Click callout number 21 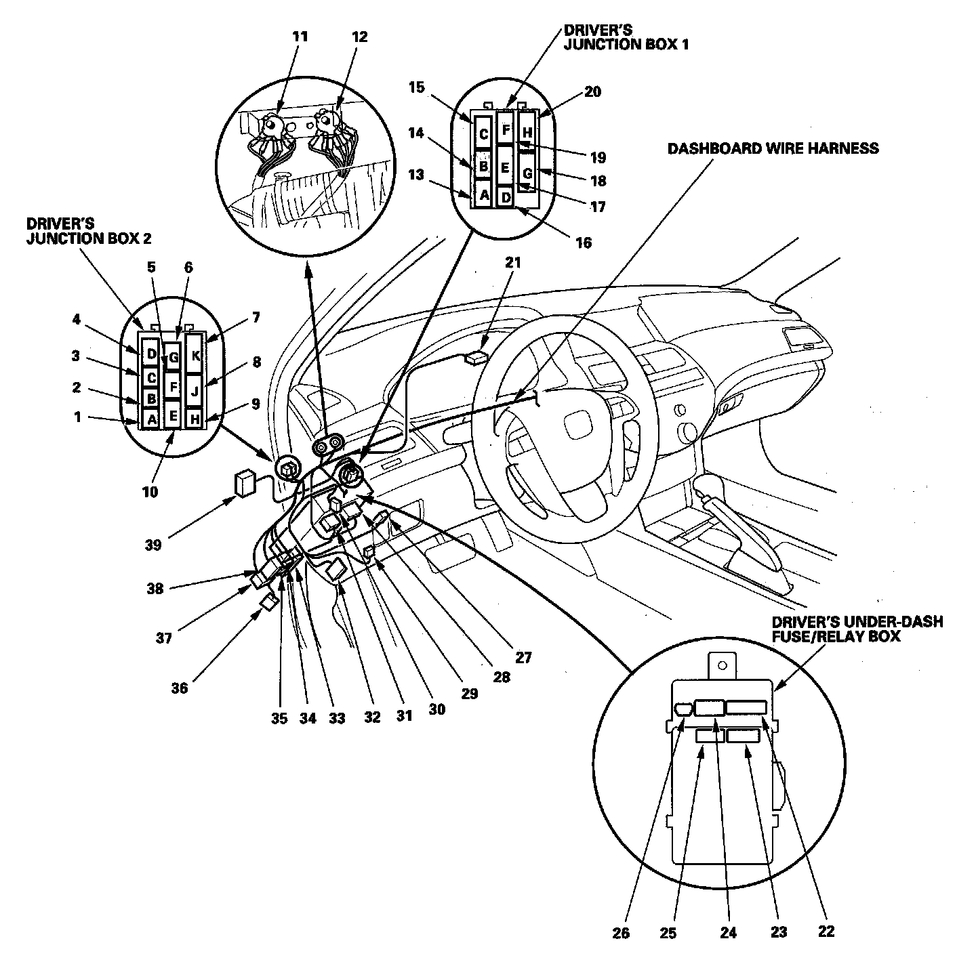point(512,262)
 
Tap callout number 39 point(154,544)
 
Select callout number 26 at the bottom point(620,933)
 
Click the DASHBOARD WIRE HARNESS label point(773,148)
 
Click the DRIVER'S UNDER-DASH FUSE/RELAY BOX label point(856,629)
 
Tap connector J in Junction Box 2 point(195,391)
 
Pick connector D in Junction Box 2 point(151,353)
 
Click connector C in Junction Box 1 point(483,134)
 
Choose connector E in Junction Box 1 point(505,167)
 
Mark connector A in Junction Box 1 point(483,195)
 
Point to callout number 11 point(300,37)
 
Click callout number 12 point(359,37)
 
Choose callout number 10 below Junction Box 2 point(150,492)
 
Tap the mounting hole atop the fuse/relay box point(723,665)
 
